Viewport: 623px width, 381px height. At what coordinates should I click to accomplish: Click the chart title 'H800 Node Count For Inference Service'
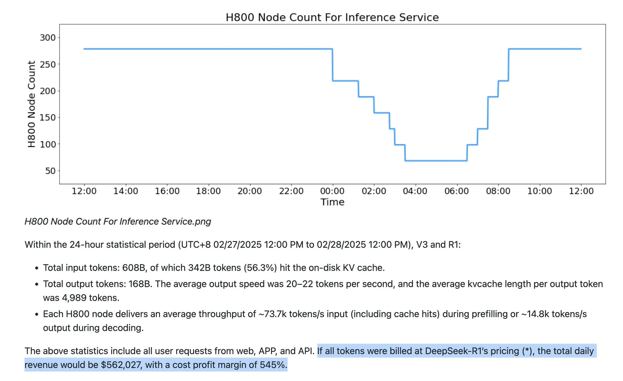coord(332,17)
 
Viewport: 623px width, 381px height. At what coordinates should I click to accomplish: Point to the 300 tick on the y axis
coord(48,38)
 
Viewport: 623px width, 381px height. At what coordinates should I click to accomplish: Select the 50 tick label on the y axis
coord(50,171)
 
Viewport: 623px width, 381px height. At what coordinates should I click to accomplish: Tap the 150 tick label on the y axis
coord(48,118)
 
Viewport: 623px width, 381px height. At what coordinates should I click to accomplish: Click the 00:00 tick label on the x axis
coord(332,191)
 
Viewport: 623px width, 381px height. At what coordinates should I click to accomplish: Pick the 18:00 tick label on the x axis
coord(208,191)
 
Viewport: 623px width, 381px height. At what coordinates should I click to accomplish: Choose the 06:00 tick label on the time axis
coord(456,191)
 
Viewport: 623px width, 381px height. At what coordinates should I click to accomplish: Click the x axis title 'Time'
coord(332,202)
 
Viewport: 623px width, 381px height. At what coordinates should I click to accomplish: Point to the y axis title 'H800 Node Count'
coord(32,104)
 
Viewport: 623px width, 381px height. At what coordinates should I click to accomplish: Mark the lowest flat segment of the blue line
coord(436,161)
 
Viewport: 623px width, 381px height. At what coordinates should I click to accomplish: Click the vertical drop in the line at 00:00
coord(332,65)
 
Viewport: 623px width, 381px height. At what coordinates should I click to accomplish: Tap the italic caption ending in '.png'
coord(118,221)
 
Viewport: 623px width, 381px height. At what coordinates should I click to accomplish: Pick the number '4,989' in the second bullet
coord(74,298)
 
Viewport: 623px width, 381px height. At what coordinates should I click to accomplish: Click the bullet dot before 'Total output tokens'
coord(37,284)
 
